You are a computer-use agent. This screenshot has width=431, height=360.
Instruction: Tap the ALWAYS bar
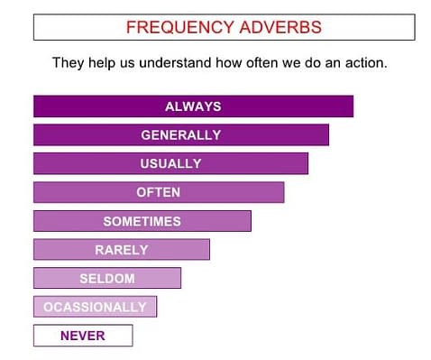click(x=193, y=106)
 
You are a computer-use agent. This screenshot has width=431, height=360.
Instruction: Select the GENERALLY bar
click(x=180, y=135)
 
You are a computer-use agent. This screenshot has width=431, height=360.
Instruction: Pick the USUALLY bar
click(x=170, y=163)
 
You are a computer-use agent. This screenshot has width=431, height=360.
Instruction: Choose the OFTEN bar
click(x=159, y=192)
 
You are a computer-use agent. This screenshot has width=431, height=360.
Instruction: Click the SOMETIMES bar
click(x=142, y=221)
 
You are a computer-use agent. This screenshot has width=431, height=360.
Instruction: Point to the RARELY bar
click(x=121, y=249)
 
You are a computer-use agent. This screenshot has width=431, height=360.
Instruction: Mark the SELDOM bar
click(x=106, y=278)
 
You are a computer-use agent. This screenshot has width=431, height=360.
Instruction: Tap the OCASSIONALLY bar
click(x=95, y=307)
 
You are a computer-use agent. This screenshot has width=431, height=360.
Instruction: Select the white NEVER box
click(x=82, y=336)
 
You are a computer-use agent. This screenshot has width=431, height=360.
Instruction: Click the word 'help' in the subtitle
click(x=104, y=64)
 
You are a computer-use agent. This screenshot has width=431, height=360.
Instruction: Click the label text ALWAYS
click(x=193, y=106)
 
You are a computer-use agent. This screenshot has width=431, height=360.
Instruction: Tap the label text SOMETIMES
click(x=142, y=221)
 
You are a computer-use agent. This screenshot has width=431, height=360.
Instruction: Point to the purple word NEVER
click(x=82, y=336)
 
